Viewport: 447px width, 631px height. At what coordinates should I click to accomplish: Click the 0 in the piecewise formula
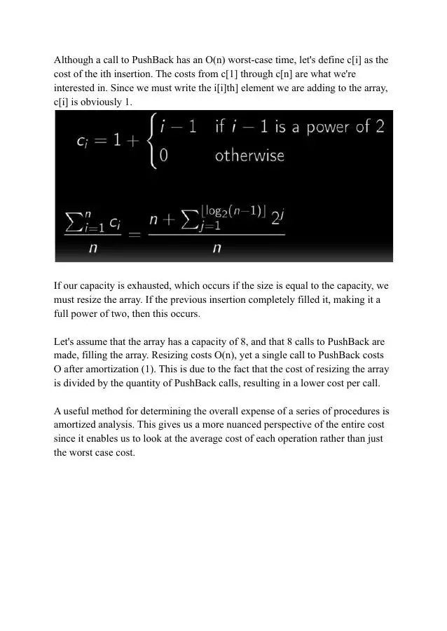point(163,156)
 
